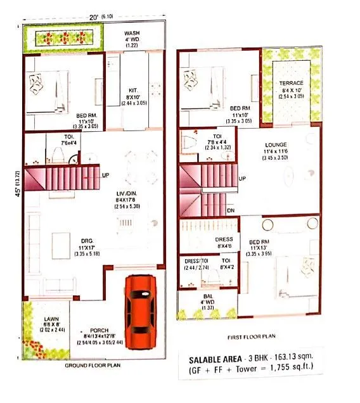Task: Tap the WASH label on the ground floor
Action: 132,33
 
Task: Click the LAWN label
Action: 42,319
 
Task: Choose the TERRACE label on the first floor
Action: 292,83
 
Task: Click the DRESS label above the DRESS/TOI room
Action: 224,240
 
